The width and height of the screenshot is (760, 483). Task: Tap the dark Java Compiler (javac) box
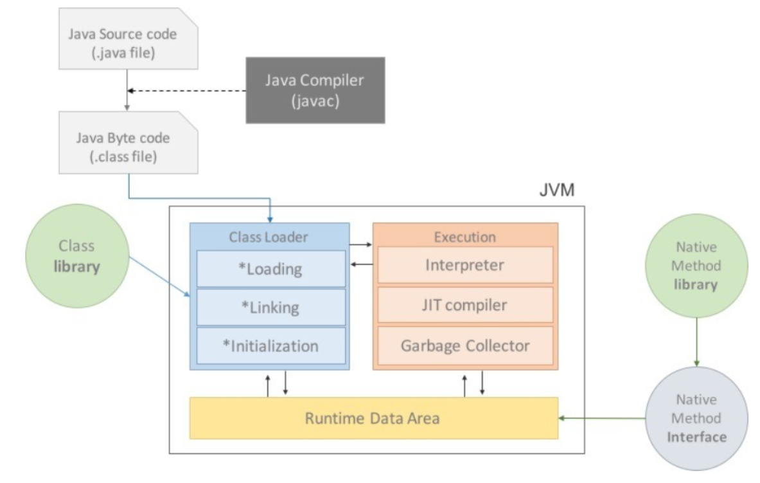[315, 90]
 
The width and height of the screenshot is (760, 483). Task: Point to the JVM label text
[556, 191]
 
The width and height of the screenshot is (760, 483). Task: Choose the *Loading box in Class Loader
[270, 268]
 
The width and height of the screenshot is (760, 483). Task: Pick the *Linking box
[270, 307]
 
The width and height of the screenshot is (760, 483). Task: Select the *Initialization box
[270, 345]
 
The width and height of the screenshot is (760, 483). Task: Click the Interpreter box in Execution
[465, 264]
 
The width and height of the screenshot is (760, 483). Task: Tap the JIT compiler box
[465, 305]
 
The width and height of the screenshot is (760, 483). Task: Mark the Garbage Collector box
[465, 345]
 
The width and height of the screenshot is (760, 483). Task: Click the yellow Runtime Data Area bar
[373, 418]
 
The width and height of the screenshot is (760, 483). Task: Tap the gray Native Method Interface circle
[698, 418]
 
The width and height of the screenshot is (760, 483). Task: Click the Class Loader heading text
[269, 237]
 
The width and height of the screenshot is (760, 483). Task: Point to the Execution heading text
[465, 237]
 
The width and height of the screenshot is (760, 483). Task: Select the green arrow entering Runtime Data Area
[604, 418]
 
